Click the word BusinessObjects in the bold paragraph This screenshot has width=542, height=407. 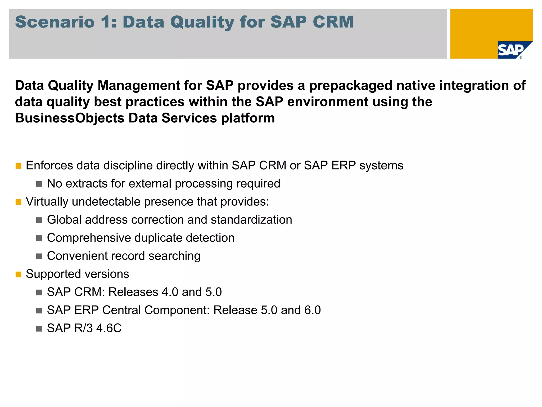(69, 118)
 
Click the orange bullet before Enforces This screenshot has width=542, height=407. (18, 166)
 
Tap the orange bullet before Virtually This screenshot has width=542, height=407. (18, 202)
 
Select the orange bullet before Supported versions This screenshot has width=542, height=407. (18, 275)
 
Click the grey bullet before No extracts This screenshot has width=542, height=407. (39, 184)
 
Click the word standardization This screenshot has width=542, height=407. (251, 220)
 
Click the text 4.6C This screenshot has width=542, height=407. (109, 328)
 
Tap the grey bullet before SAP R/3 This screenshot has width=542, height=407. (39, 329)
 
